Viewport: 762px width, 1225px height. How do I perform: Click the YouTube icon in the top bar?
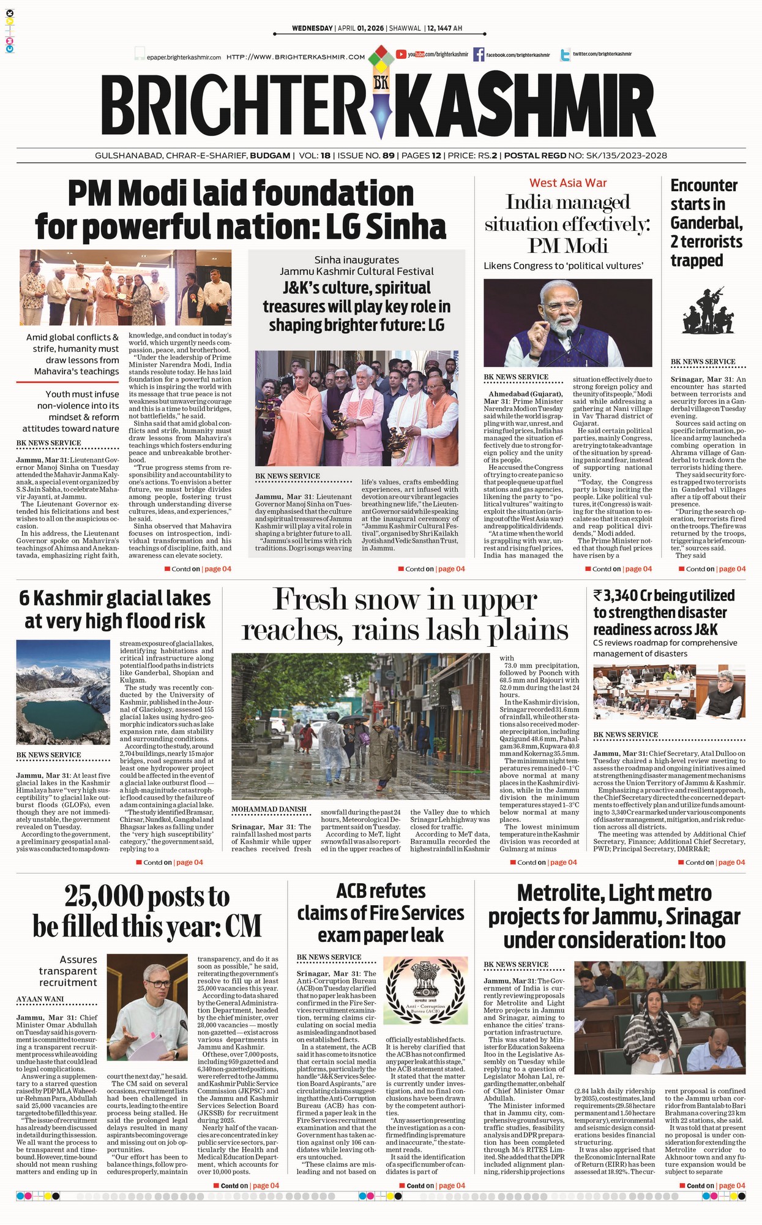402,55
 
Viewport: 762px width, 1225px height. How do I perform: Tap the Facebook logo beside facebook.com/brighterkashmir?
479,55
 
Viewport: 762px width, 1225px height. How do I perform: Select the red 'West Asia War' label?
568,183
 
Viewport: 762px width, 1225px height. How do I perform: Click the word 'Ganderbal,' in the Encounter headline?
706,222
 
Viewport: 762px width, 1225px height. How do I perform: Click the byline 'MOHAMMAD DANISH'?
269,809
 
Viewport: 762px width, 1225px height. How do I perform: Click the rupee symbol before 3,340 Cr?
598,595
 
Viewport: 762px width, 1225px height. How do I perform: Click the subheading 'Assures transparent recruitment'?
68,971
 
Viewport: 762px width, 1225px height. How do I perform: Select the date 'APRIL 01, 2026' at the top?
361,28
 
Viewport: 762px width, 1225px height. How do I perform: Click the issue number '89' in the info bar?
389,156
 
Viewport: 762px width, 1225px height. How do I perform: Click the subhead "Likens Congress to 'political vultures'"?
563,266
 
